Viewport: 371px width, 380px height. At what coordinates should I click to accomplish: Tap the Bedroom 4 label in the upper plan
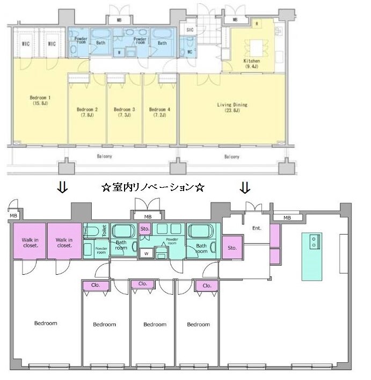pyautogui.click(x=159, y=112)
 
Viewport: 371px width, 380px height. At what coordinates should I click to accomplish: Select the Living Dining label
pyautogui.click(x=232, y=107)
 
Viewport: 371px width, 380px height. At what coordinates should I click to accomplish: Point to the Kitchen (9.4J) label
pyautogui.click(x=251, y=64)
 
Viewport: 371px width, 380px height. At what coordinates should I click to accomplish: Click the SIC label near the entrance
pyautogui.click(x=190, y=31)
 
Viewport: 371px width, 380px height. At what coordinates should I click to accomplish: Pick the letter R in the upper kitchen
pyautogui.click(x=257, y=24)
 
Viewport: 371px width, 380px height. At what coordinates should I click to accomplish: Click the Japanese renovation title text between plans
pyautogui.click(x=153, y=188)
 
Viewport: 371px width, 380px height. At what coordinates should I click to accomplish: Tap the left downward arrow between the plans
pyautogui.click(x=62, y=187)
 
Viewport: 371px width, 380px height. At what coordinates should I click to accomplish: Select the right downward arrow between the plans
pyautogui.click(x=245, y=187)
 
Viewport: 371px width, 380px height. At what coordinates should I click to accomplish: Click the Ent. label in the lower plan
pyautogui.click(x=257, y=228)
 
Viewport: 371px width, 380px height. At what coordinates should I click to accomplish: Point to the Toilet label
pyautogui.click(x=104, y=231)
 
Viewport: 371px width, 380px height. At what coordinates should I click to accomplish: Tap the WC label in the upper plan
pyautogui.click(x=190, y=52)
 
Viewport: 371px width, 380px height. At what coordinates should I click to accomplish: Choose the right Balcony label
pyautogui.click(x=231, y=157)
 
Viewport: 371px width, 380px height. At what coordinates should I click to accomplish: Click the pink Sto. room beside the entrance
pyautogui.click(x=232, y=247)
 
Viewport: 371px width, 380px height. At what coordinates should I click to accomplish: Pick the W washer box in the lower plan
pyautogui.click(x=146, y=253)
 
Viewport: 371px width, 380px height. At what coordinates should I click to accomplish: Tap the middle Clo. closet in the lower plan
pyautogui.click(x=143, y=283)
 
